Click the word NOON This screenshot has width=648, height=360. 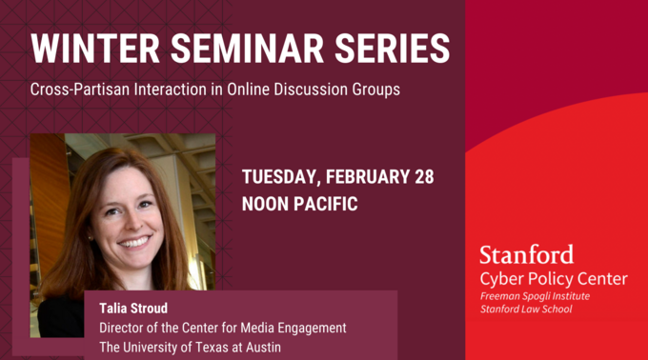point(267,204)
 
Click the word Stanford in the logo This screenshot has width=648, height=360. point(526,255)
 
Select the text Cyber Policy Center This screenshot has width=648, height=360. point(553,278)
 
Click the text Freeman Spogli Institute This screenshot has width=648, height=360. point(535,297)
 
